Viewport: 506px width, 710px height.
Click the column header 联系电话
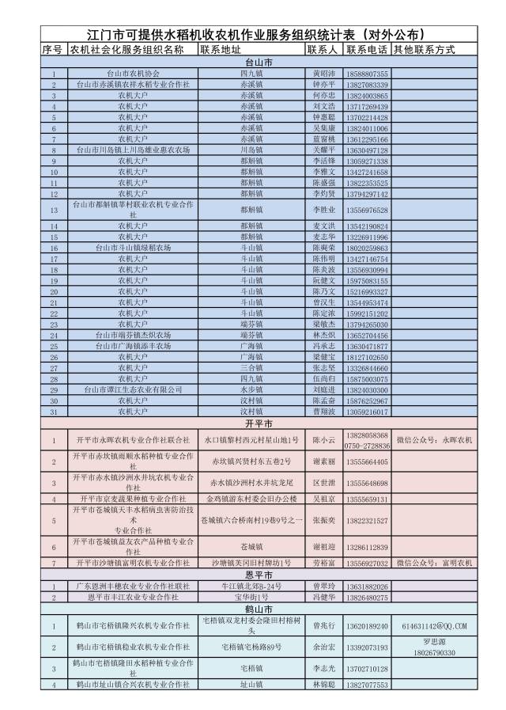pyautogui.click(x=366, y=50)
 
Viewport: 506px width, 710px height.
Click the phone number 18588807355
pyautogui.click(x=366, y=73)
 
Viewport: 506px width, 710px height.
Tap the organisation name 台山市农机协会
pyautogui.click(x=132, y=73)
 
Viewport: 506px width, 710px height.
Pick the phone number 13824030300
pyautogui.click(x=366, y=390)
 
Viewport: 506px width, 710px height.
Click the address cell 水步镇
pyautogui.click(x=251, y=390)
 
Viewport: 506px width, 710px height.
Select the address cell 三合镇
pyautogui.click(x=251, y=368)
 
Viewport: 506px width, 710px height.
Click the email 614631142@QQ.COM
pyautogui.click(x=434, y=626)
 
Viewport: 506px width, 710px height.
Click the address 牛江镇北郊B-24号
pyautogui.click(x=251, y=587)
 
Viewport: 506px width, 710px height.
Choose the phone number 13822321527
pyautogui.click(x=366, y=522)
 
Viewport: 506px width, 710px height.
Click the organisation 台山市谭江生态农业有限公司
pyautogui.click(x=132, y=390)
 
